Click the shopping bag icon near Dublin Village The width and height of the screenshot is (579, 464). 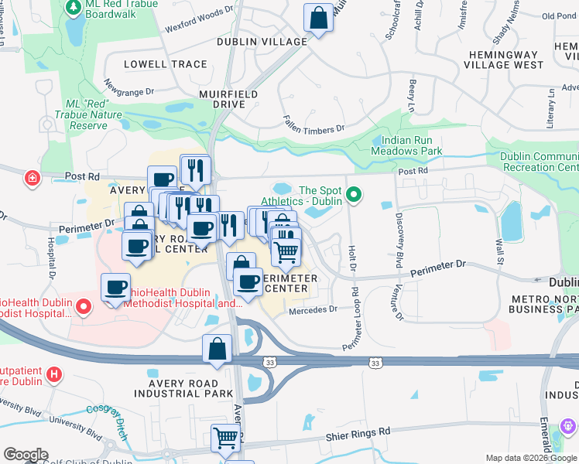pyautogui.click(x=318, y=17)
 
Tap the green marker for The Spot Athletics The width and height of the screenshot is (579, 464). pyautogui.click(x=355, y=194)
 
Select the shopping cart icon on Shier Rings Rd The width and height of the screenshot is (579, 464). pyautogui.click(x=225, y=438)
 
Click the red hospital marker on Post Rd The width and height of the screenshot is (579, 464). pyautogui.click(x=32, y=179)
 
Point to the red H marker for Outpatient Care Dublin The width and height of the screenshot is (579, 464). pyautogui.click(x=53, y=375)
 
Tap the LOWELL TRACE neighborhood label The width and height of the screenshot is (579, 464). pyautogui.click(x=159, y=65)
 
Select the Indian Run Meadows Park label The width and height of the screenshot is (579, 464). pyautogui.click(x=412, y=146)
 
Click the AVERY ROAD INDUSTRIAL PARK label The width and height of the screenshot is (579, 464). pyautogui.click(x=184, y=388)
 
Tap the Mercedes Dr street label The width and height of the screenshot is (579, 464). pyautogui.click(x=313, y=310)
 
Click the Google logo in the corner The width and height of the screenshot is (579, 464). pyautogui.click(x=26, y=454)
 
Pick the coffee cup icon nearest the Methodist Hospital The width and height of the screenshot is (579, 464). pyautogui.click(x=116, y=288)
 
